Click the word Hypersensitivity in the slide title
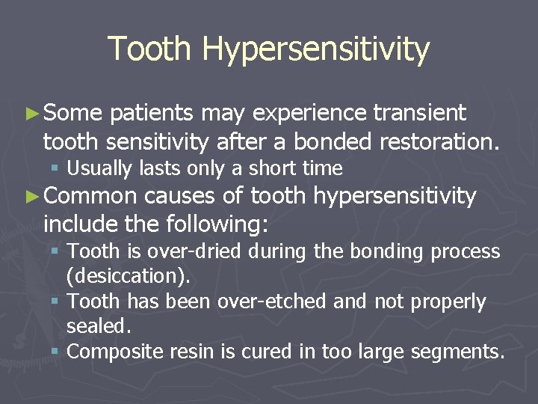pos(315,50)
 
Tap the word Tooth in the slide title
pos(150,49)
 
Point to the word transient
pos(420,113)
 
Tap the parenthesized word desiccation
pos(128,275)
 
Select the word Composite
pos(113,352)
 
